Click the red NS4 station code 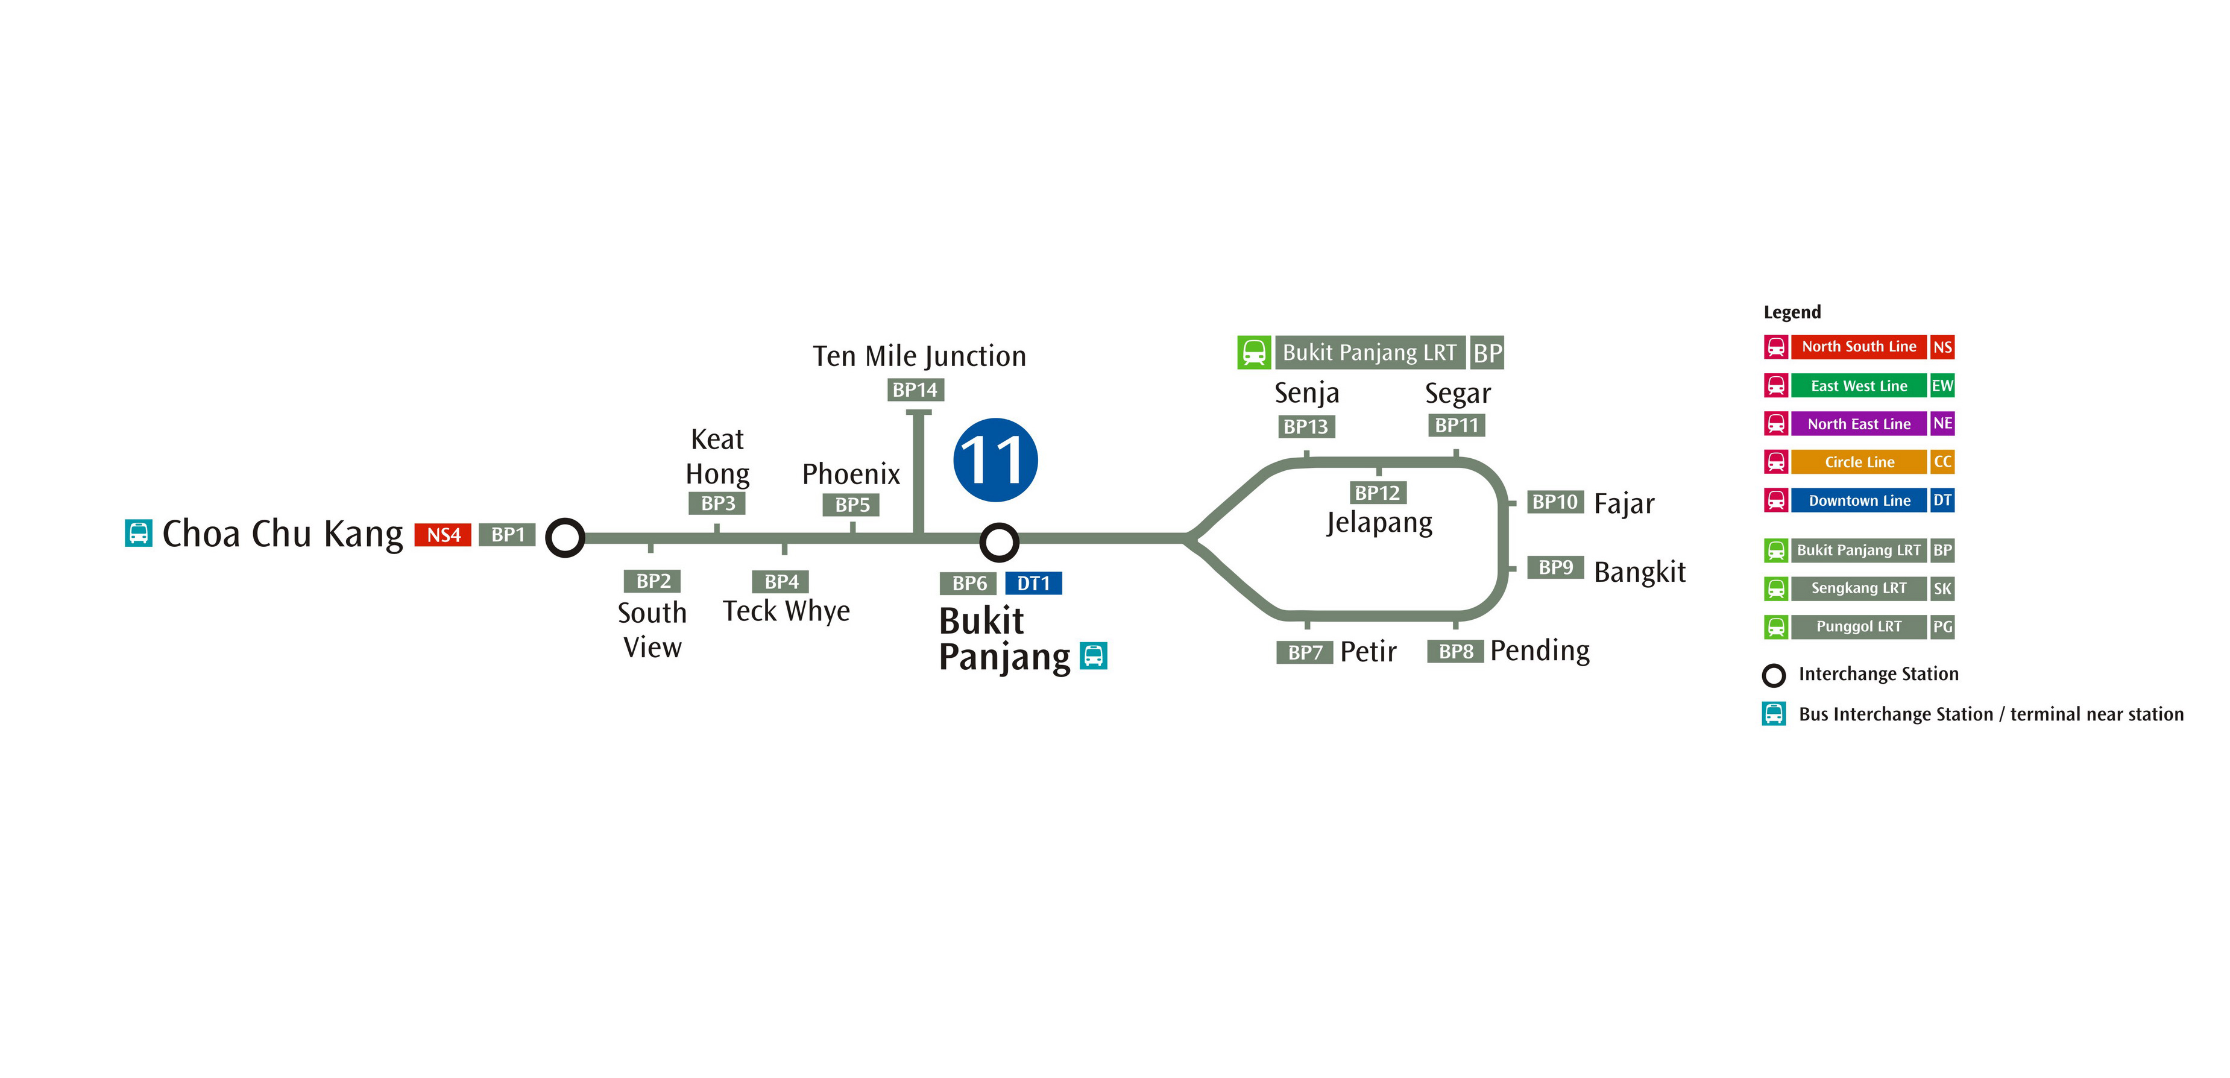click(x=443, y=535)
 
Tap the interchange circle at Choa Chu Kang click(x=565, y=538)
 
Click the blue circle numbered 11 click(x=995, y=460)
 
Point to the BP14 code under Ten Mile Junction click(x=915, y=389)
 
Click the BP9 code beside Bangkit click(x=1555, y=567)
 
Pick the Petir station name click(x=1368, y=651)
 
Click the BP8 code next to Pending click(x=1455, y=651)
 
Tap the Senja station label click(x=1306, y=394)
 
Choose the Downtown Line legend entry click(x=1859, y=500)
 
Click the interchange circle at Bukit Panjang click(x=999, y=543)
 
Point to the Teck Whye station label click(x=786, y=611)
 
